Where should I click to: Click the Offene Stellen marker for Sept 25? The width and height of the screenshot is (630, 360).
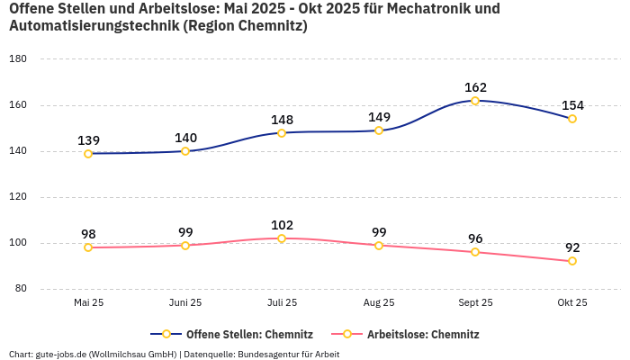475,101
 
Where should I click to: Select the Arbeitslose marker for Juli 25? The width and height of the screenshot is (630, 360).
282,238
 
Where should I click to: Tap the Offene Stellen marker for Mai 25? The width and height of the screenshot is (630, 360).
88,154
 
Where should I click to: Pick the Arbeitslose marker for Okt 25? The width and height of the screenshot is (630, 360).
572,261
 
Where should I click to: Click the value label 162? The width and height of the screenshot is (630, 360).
475,87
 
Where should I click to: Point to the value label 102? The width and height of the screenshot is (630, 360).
282,225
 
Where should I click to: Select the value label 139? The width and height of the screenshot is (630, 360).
88,140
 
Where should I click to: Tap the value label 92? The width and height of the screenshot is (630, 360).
572,247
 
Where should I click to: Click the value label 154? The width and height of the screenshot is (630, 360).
572,105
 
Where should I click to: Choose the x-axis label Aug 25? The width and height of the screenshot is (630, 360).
379,302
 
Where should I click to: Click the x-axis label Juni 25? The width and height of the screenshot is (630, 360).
185,302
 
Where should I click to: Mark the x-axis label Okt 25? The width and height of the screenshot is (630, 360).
572,302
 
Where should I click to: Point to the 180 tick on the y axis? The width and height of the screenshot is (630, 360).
17,59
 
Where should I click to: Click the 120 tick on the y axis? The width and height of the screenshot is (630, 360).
17,197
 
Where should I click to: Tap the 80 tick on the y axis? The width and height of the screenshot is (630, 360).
20,289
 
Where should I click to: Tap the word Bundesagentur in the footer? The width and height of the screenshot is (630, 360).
270,354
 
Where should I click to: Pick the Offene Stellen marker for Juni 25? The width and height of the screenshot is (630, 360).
185,151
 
